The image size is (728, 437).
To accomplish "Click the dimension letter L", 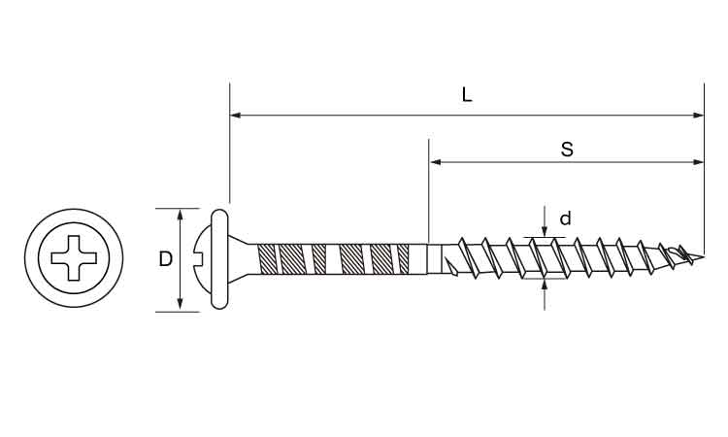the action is click(467, 95).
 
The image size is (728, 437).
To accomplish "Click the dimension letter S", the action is click(567, 150).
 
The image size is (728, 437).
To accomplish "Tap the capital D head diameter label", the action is click(165, 258).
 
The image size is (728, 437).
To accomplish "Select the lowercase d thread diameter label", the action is click(565, 218).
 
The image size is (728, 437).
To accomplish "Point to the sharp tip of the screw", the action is click(703, 256).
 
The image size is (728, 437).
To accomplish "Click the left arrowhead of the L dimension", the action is click(236, 116).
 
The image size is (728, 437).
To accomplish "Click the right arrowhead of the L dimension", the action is click(698, 116).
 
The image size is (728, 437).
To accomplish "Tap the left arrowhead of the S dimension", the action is click(435, 162).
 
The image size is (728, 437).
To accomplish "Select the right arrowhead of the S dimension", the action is click(698, 162).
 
